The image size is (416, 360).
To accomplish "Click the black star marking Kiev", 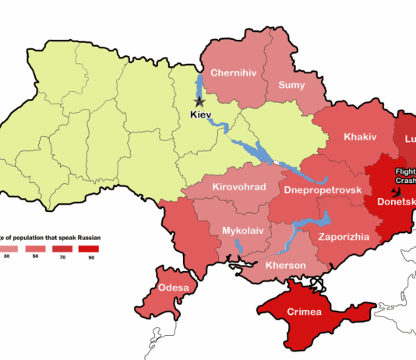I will click(199, 101).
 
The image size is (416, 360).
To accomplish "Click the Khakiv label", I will click(360, 136).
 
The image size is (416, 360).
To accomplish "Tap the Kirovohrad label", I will click(239, 187).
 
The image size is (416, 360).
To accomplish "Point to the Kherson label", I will click(285, 265).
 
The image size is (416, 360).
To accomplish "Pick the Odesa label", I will click(173, 288).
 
